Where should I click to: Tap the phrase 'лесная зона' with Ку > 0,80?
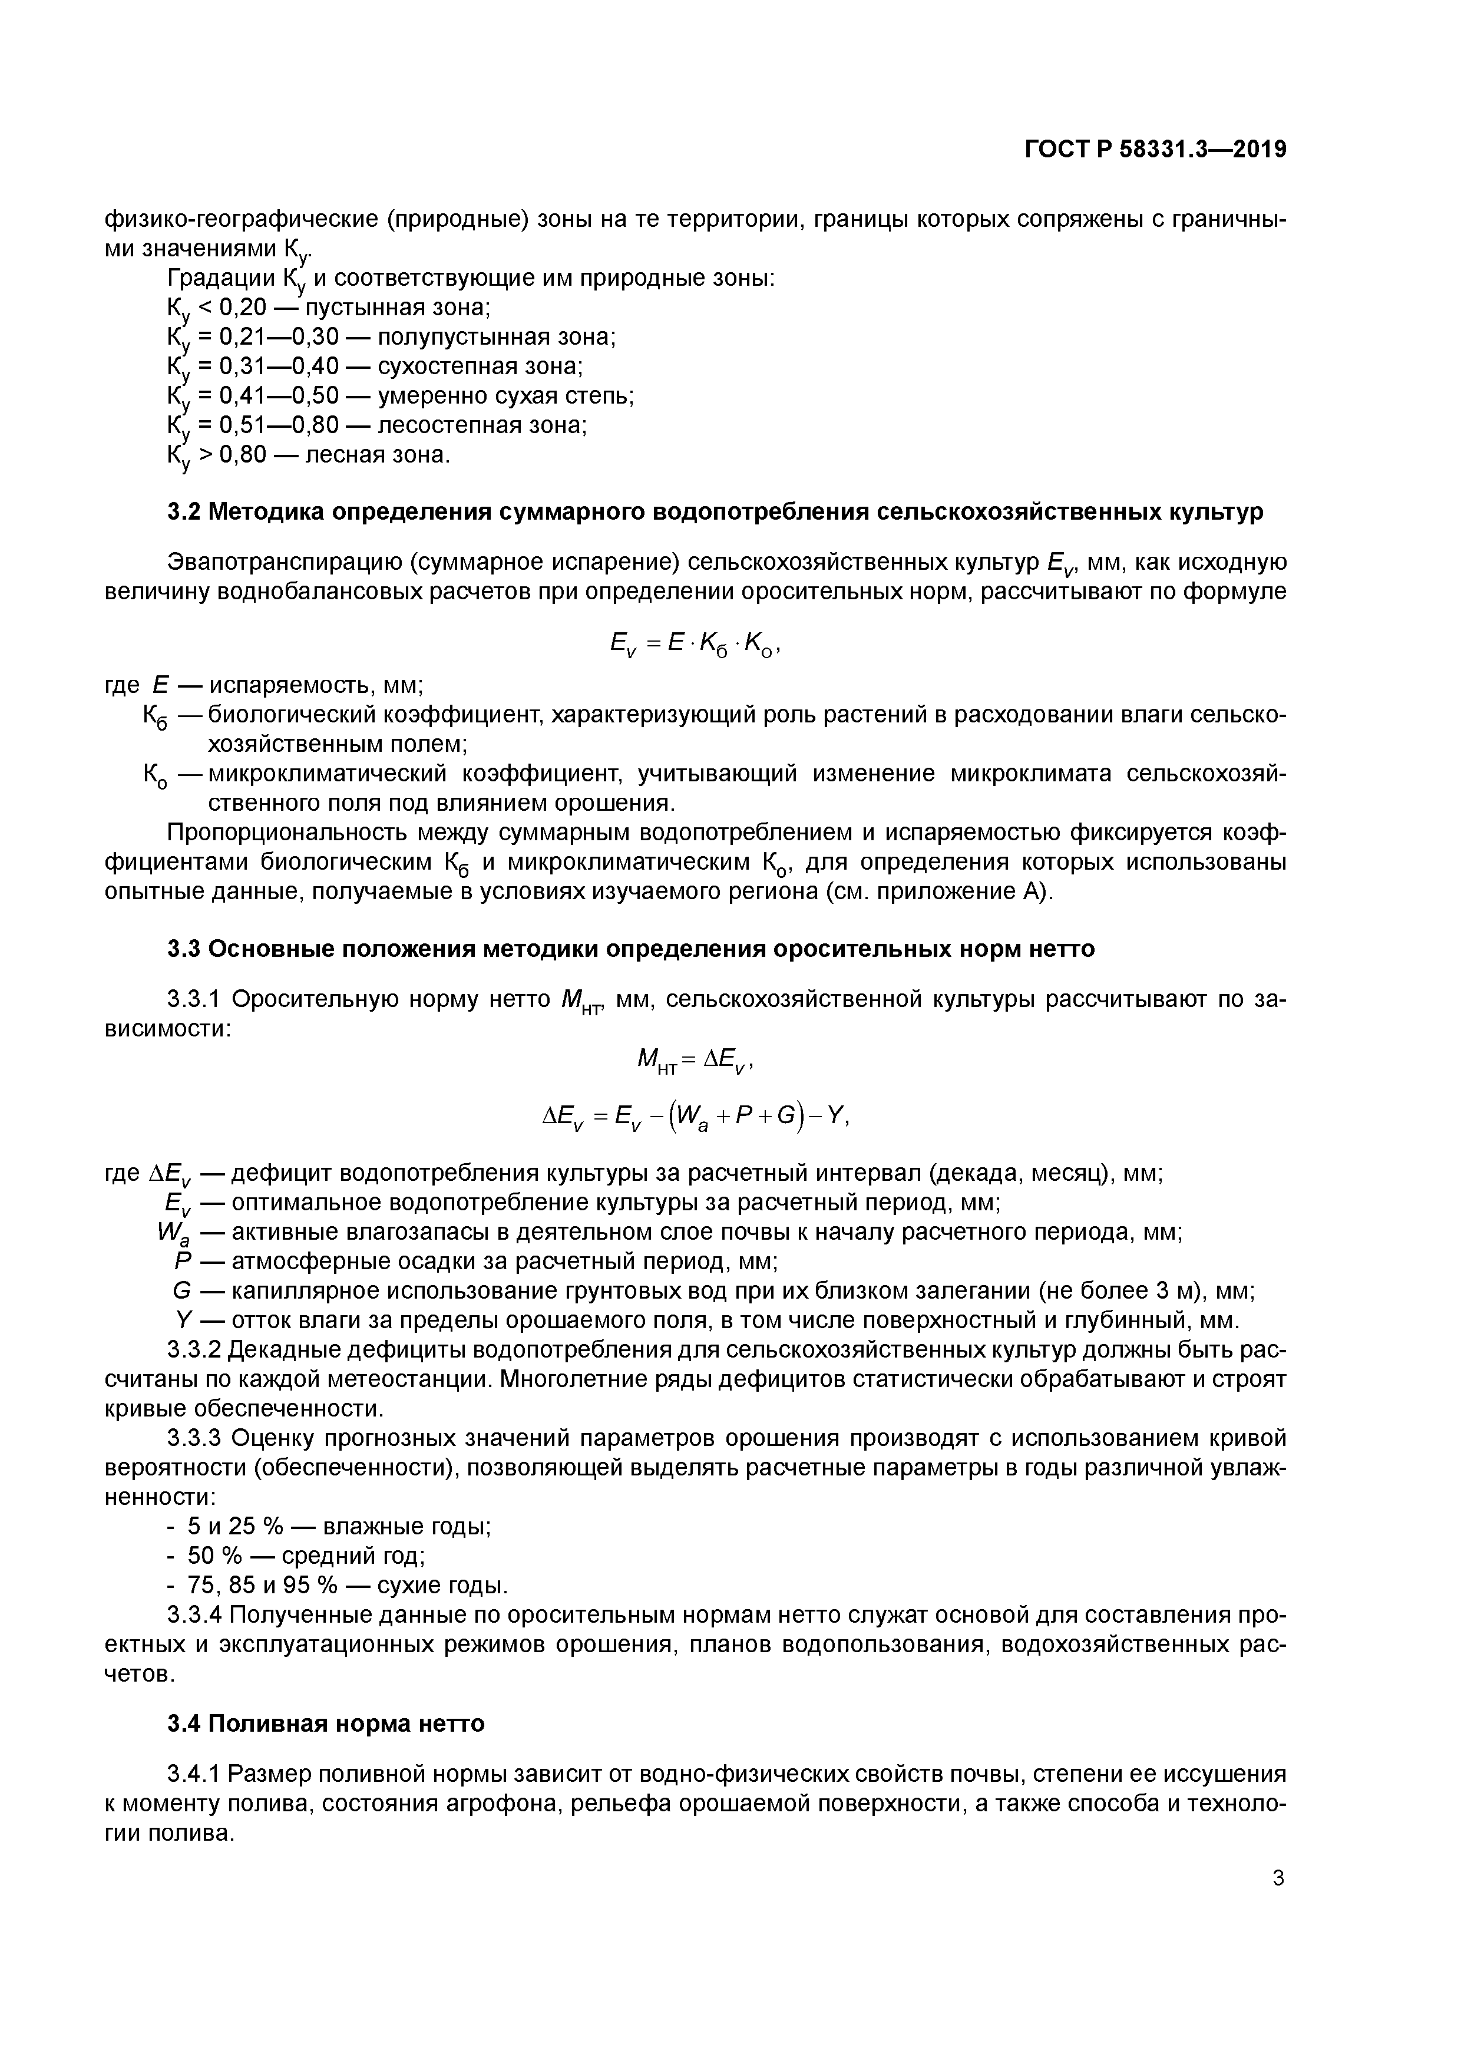pyautogui.click(x=376, y=455)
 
